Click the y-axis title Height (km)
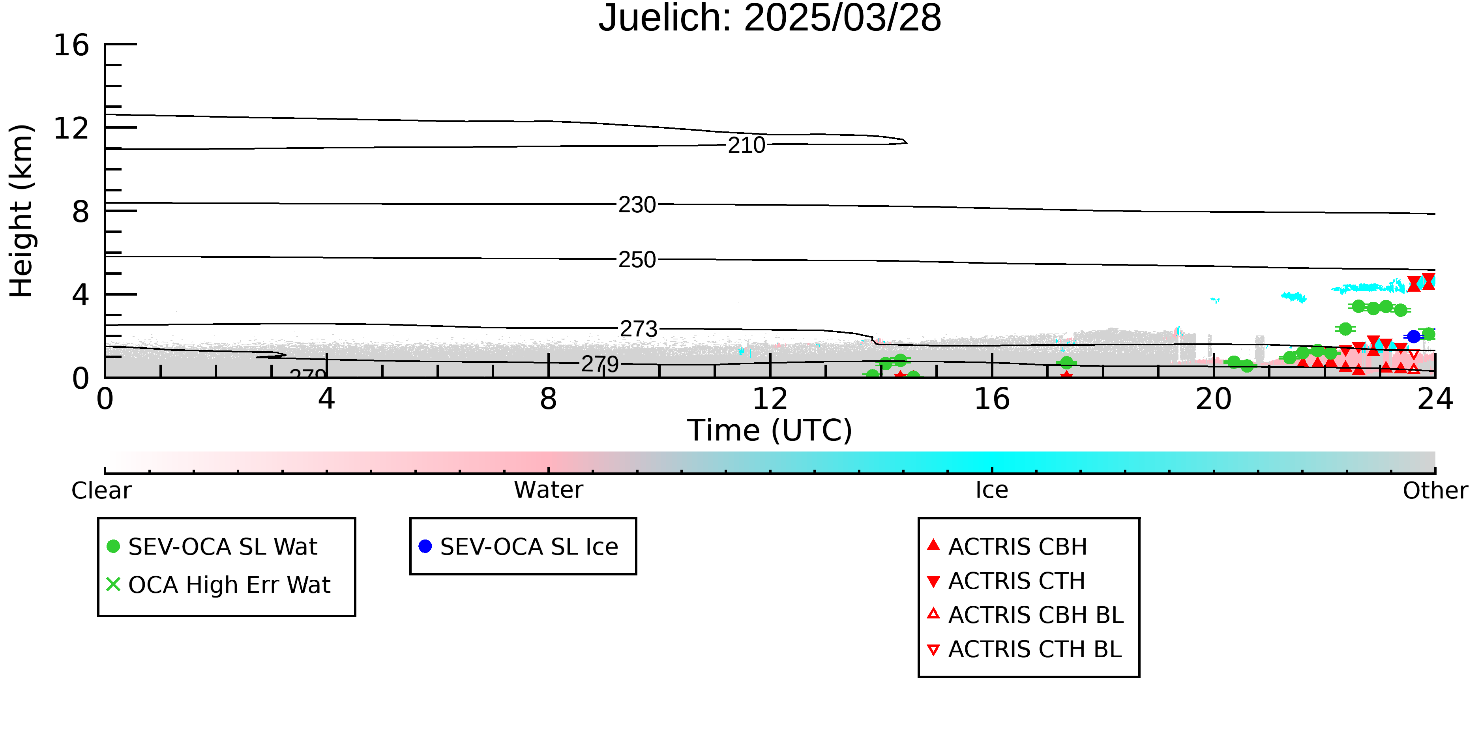[x=22, y=211]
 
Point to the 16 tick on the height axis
[x=71, y=45]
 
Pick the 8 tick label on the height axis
[x=81, y=212]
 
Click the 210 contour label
[x=746, y=145]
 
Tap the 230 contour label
[x=637, y=204]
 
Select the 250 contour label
[x=637, y=260]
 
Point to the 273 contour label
[x=638, y=329]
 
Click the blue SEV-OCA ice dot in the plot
[x=1414, y=337]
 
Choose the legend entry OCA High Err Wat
[x=218, y=585]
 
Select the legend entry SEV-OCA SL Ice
[x=519, y=546]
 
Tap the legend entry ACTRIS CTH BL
[x=1025, y=649]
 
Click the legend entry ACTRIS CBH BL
[x=1025, y=615]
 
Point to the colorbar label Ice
[x=992, y=490]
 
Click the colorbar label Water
[x=549, y=490]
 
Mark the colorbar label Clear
[x=101, y=490]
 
